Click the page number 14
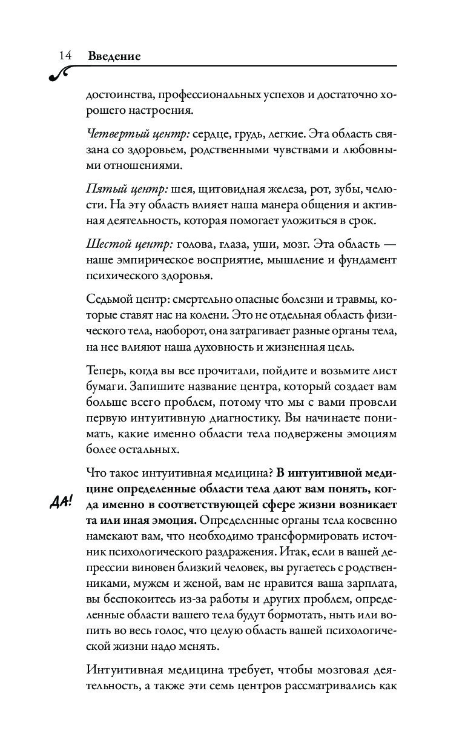(65, 56)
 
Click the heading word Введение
(114, 56)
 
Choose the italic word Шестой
(107, 245)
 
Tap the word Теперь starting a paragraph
(107, 371)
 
